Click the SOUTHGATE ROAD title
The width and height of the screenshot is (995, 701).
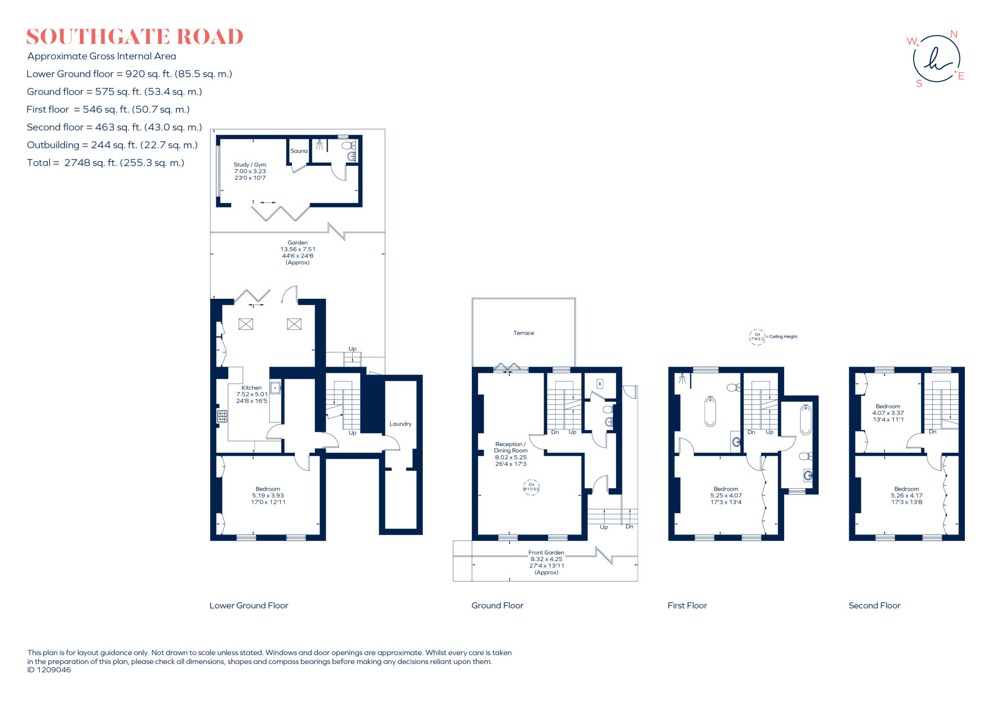[x=135, y=37]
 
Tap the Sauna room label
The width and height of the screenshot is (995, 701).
[x=299, y=151]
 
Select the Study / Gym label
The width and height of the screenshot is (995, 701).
[x=250, y=165]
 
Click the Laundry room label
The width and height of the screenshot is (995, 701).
[x=400, y=424]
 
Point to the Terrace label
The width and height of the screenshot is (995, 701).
[x=523, y=333]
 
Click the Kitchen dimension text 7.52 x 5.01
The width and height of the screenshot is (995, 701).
[x=252, y=394]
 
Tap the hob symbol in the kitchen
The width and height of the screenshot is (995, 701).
[x=222, y=416]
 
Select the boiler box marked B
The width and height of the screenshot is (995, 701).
[x=600, y=384]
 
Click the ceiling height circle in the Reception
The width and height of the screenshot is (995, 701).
[x=531, y=487]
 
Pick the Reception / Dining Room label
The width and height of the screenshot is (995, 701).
[x=510, y=447]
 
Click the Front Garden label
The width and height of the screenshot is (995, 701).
[x=546, y=552]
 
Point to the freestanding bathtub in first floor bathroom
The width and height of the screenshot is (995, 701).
[x=710, y=411]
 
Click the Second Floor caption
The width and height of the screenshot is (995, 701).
[x=874, y=605]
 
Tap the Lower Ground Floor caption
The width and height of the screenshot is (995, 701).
[x=248, y=605]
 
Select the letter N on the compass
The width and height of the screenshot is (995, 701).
[x=953, y=34]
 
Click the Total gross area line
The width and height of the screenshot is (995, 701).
[x=105, y=163]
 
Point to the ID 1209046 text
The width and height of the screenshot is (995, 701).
[x=49, y=670]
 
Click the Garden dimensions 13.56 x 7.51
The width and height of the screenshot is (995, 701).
[x=297, y=249]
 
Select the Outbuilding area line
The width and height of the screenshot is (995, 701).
[x=112, y=145]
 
